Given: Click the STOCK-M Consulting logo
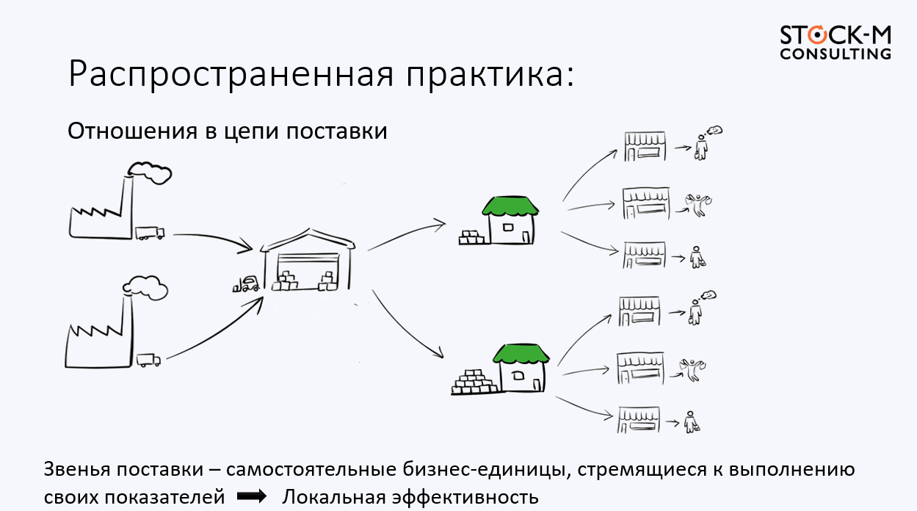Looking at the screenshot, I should (x=835, y=43).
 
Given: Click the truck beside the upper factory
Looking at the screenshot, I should (x=150, y=233).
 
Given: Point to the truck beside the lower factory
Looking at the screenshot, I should (x=148, y=360).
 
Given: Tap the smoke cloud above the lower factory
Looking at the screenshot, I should (x=147, y=286).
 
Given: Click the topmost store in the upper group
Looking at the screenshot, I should (x=645, y=146).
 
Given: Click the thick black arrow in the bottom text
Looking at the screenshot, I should (x=252, y=497).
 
